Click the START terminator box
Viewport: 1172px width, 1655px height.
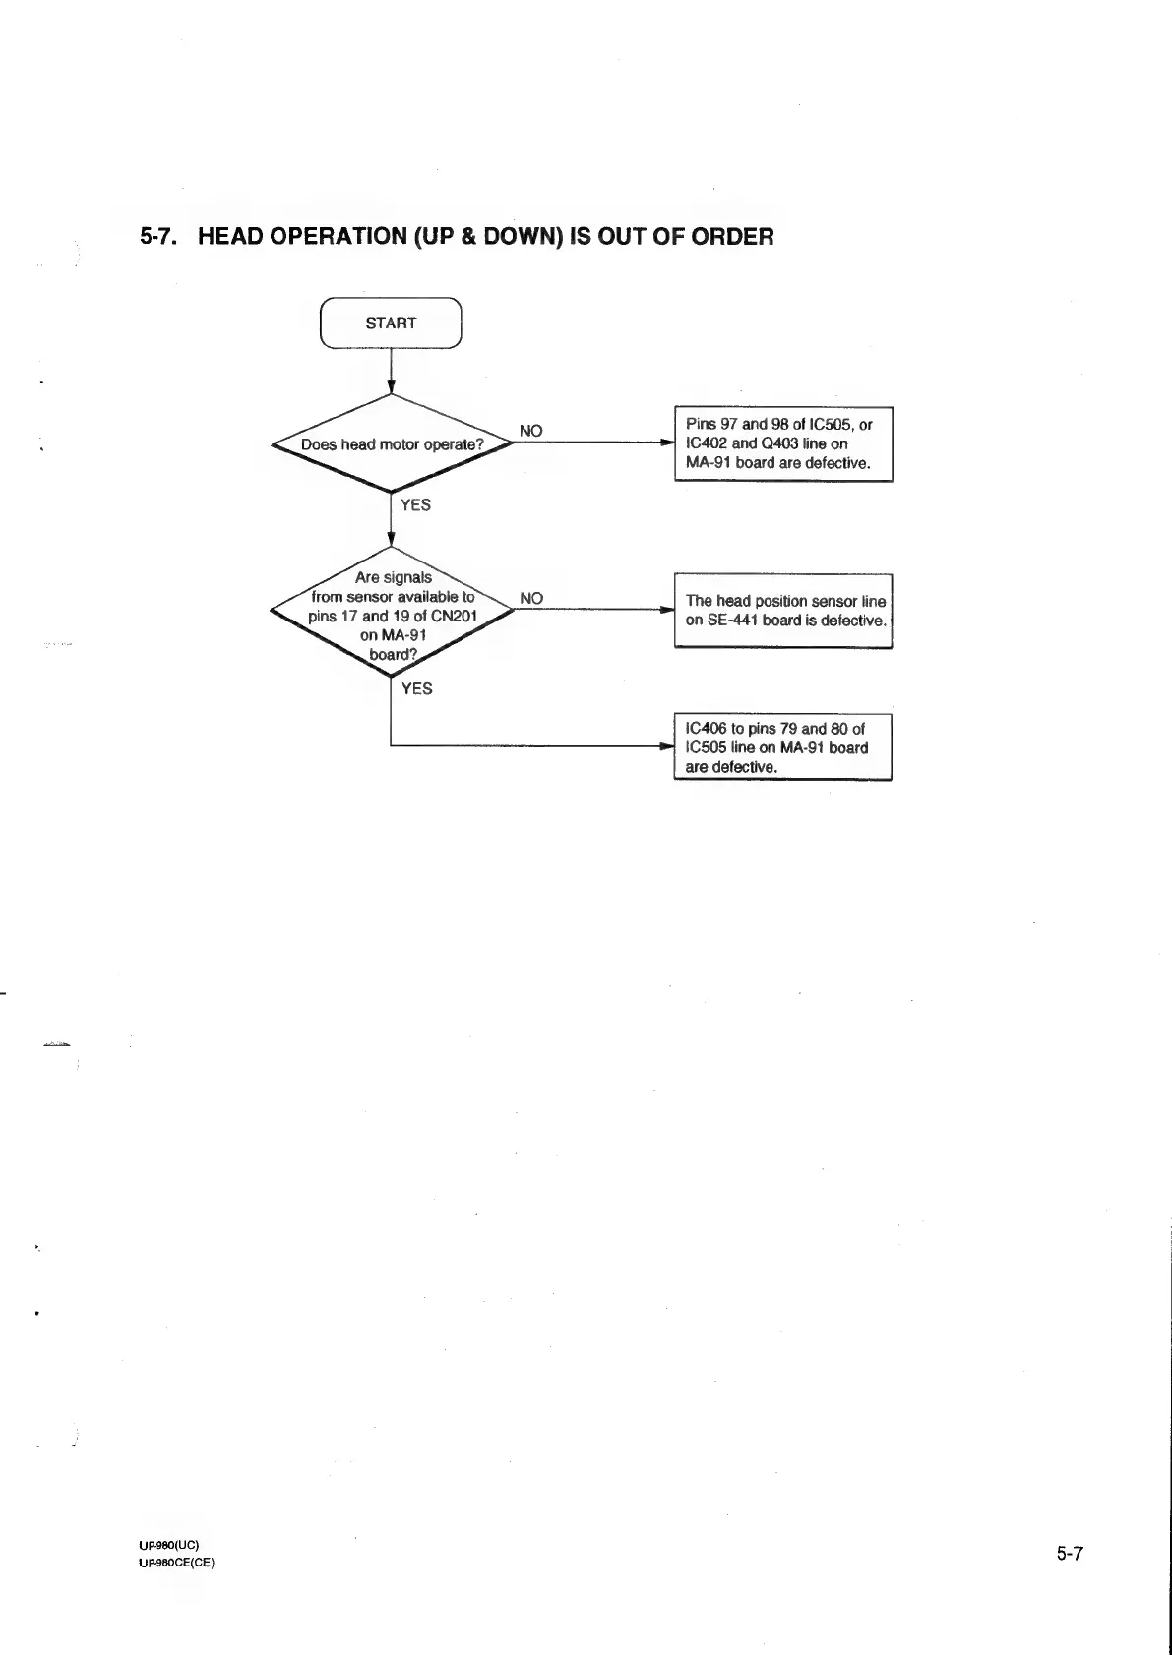pos(391,323)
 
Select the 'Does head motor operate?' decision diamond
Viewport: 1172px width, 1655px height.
pos(392,444)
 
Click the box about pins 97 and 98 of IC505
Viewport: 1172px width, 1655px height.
pos(782,443)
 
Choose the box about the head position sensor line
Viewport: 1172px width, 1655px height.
pos(782,610)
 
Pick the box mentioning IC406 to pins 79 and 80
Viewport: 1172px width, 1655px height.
pos(782,747)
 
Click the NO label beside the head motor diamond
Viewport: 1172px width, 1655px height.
pos(530,431)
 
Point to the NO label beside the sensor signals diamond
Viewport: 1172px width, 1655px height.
pos(530,598)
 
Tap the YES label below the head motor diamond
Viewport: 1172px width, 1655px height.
pos(415,504)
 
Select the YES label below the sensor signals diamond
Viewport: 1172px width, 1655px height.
pos(416,688)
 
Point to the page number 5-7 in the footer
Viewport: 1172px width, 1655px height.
pos(1070,1554)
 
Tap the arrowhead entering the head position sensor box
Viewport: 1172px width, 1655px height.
pos(667,610)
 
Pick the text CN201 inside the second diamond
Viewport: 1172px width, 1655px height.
pos(454,617)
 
